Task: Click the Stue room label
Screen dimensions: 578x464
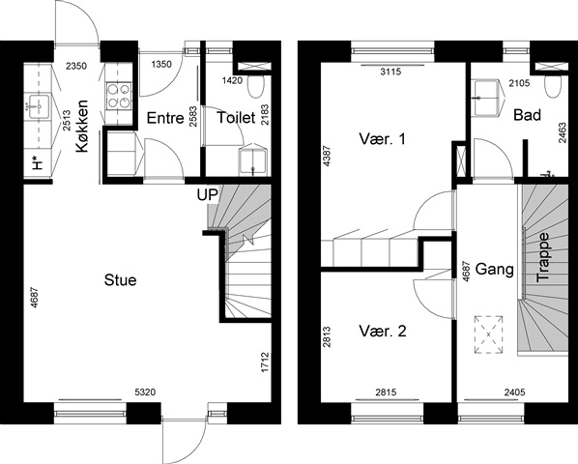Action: pyautogui.click(x=120, y=280)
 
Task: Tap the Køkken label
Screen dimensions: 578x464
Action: pyautogui.click(x=82, y=126)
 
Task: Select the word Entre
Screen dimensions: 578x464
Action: pyautogui.click(x=165, y=118)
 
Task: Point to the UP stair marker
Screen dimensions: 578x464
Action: pyautogui.click(x=207, y=195)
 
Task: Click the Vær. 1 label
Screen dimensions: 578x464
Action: pyautogui.click(x=382, y=139)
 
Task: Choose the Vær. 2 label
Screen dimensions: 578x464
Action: pyautogui.click(x=382, y=332)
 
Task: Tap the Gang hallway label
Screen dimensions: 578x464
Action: pyautogui.click(x=494, y=269)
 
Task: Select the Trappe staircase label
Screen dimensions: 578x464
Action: pyautogui.click(x=543, y=257)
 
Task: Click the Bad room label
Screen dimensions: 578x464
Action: pyautogui.click(x=527, y=115)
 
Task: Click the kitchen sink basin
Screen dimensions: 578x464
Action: pyautogui.click(x=39, y=106)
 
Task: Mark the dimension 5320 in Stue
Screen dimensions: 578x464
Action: pyautogui.click(x=145, y=392)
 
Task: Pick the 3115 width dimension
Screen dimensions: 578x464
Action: pyautogui.click(x=390, y=72)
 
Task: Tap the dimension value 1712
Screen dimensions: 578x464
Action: pyautogui.click(x=265, y=362)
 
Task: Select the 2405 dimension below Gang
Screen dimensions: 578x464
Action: pyautogui.click(x=514, y=392)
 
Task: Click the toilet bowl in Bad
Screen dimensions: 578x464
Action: pyautogui.click(x=553, y=87)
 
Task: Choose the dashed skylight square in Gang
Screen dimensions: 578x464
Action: pyautogui.click(x=488, y=334)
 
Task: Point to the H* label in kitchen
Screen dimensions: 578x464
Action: pyautogui.click(x=38, y=162)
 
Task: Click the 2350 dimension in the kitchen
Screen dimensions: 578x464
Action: pyautogui.click(x=76, y=66)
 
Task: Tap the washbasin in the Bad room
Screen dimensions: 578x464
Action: pyautogui.click(x=487, y=98)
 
